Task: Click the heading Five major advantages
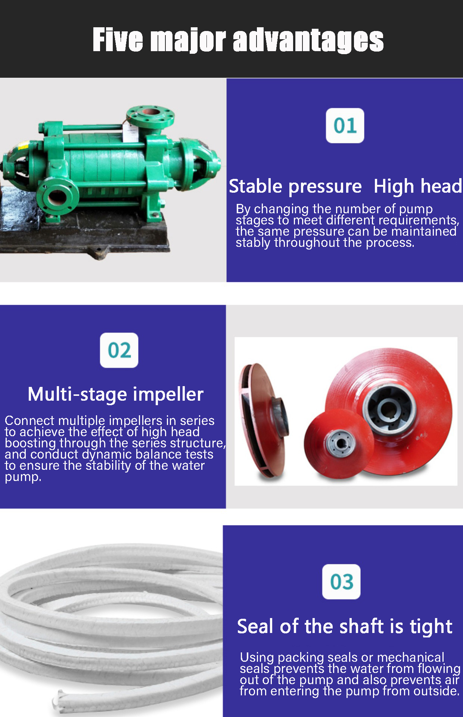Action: [x=238, y=40]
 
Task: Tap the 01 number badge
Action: [x=345, y=125]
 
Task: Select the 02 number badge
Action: [x=119, y=350]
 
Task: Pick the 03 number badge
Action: [x=341, y=582]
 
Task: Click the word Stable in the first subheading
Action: [x=256, y=186]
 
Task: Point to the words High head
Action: [x=418, y=186]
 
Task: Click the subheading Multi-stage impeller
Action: [x=116, y=394]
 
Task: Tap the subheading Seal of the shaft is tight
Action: [x=345, y=626]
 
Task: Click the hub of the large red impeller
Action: [x=389, y=407]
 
